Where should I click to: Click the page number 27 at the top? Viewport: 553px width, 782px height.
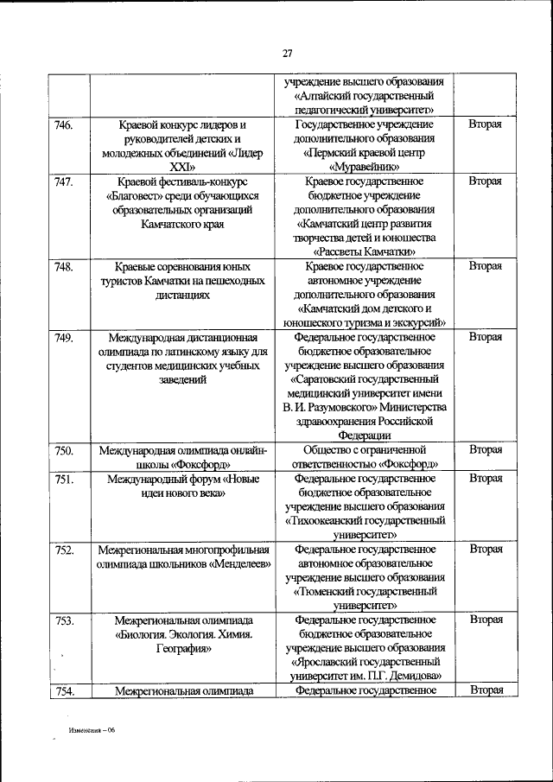[288, 54]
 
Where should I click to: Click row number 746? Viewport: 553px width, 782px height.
[63, 126]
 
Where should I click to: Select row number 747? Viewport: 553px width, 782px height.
[63, 182]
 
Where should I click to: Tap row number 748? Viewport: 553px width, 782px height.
[63, 266]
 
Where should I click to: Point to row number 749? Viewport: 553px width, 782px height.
[63, 337]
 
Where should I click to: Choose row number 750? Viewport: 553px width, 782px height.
[63, 450]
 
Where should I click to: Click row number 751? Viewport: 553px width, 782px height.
[63, 479]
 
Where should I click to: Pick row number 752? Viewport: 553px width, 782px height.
[63, 550]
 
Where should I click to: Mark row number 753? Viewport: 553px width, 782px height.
[63, 620]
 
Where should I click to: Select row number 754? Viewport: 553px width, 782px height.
[63, 690]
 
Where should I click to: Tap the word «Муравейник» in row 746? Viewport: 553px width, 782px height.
[364, 168]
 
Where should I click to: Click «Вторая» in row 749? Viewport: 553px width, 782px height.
[485, 337]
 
